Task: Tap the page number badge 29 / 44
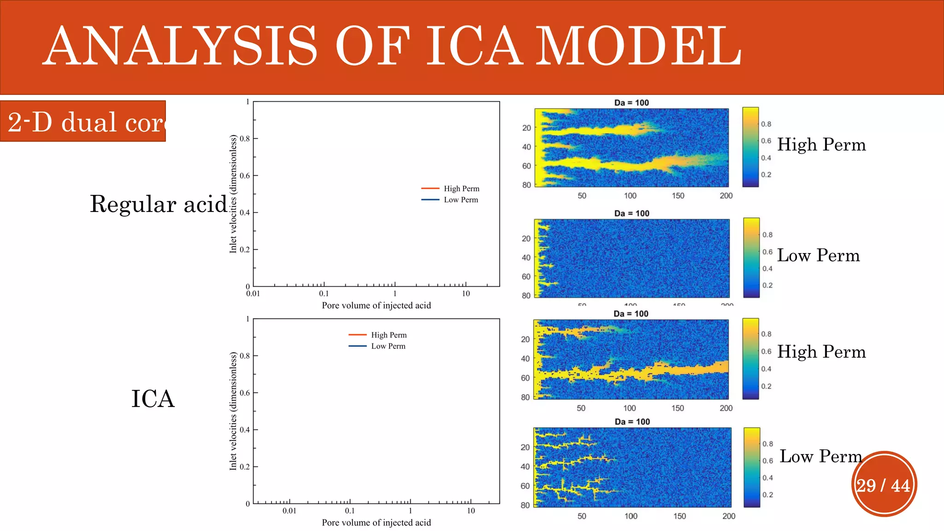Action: point(883,485)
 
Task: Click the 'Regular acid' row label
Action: point(159,204)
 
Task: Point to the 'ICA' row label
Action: point(153,399)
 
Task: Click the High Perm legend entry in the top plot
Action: point(461,189)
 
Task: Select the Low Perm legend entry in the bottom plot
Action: point(388,346)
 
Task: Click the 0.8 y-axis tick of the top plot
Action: point(245,139)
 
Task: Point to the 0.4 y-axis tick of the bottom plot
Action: point(245,430)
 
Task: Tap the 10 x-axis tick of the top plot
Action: point(466,294)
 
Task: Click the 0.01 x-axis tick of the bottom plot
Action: point(289,511)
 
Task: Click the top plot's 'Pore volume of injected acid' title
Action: point(376,305)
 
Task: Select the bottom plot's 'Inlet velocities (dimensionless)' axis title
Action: point(233,411)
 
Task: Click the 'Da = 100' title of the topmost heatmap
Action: point(631,103)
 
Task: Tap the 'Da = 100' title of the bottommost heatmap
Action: point(632,422)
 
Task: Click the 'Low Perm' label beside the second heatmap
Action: point(818,255)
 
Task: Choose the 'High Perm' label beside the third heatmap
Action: point(821,352)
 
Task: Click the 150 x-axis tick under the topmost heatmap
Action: point(678,196)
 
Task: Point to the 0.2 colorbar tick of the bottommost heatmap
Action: point(767,495)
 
